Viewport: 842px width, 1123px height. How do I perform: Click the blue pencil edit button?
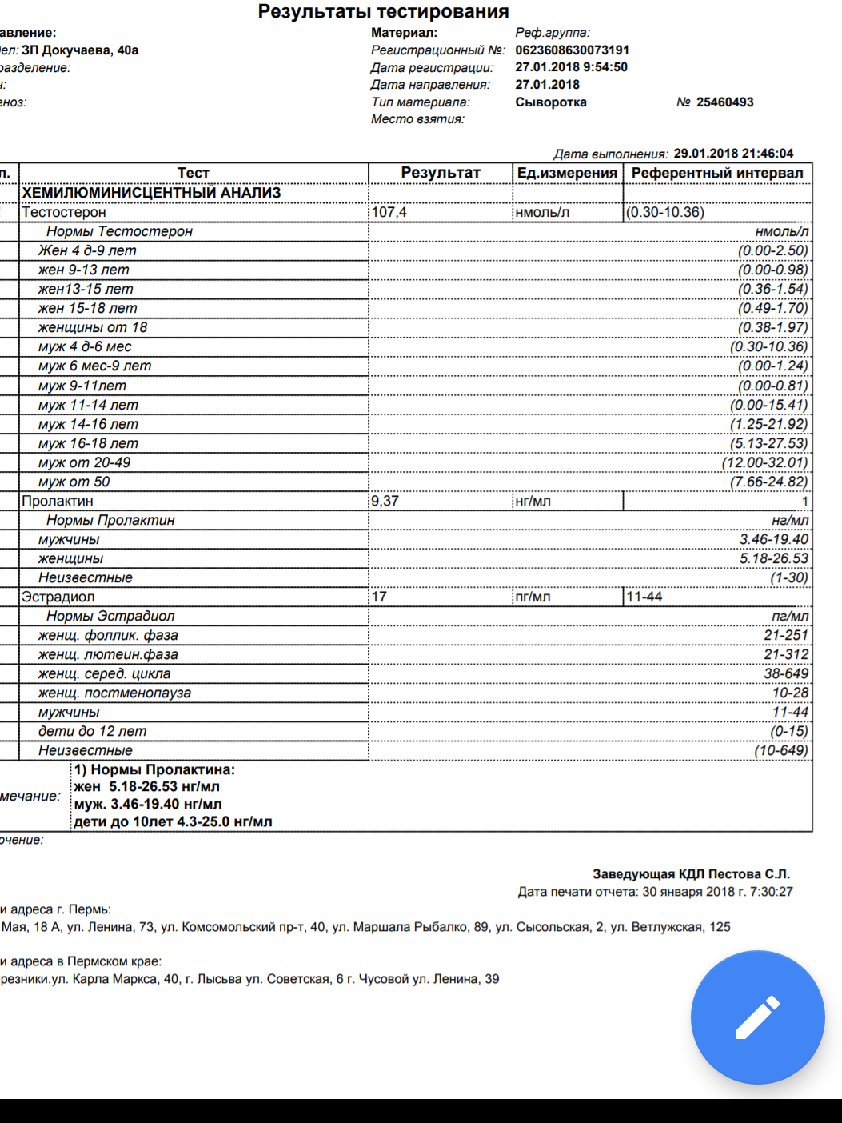[x=757, y=1017]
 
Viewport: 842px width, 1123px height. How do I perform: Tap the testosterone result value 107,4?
[x=389, y=212]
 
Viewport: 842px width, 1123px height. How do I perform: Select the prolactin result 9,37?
[x=385, y=501]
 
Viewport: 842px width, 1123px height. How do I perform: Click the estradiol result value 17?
[x=379, y=597]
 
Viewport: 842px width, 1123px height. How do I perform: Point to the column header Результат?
[x=441, y=173]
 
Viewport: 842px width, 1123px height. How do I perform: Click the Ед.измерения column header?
[x=567, y=173]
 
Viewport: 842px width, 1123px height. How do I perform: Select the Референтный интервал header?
[x=717, y=173]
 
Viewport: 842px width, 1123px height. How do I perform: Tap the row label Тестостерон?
[x=64, y=212]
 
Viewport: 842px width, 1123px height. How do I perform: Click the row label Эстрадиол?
[x=58, y=597]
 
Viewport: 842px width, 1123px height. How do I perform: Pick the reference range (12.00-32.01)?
[x=765, y=462]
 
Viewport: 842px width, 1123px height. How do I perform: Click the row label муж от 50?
[x=74, y=482]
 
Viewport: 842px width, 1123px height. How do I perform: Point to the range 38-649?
[x=786, y=673]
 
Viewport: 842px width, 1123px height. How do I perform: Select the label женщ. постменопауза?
[x=114, y=693]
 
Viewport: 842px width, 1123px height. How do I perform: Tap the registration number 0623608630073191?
[x=572, y=50]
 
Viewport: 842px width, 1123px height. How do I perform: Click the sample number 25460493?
[x=724, y=102]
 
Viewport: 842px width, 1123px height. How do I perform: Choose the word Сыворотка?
[x=551, y=102]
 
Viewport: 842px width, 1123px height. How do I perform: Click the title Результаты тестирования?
[x=383, y=11]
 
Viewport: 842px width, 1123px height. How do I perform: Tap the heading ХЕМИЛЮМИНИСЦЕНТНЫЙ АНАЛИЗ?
[x=151, y=193]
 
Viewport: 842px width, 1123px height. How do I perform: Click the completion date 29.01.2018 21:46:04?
[x=733, y=154]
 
